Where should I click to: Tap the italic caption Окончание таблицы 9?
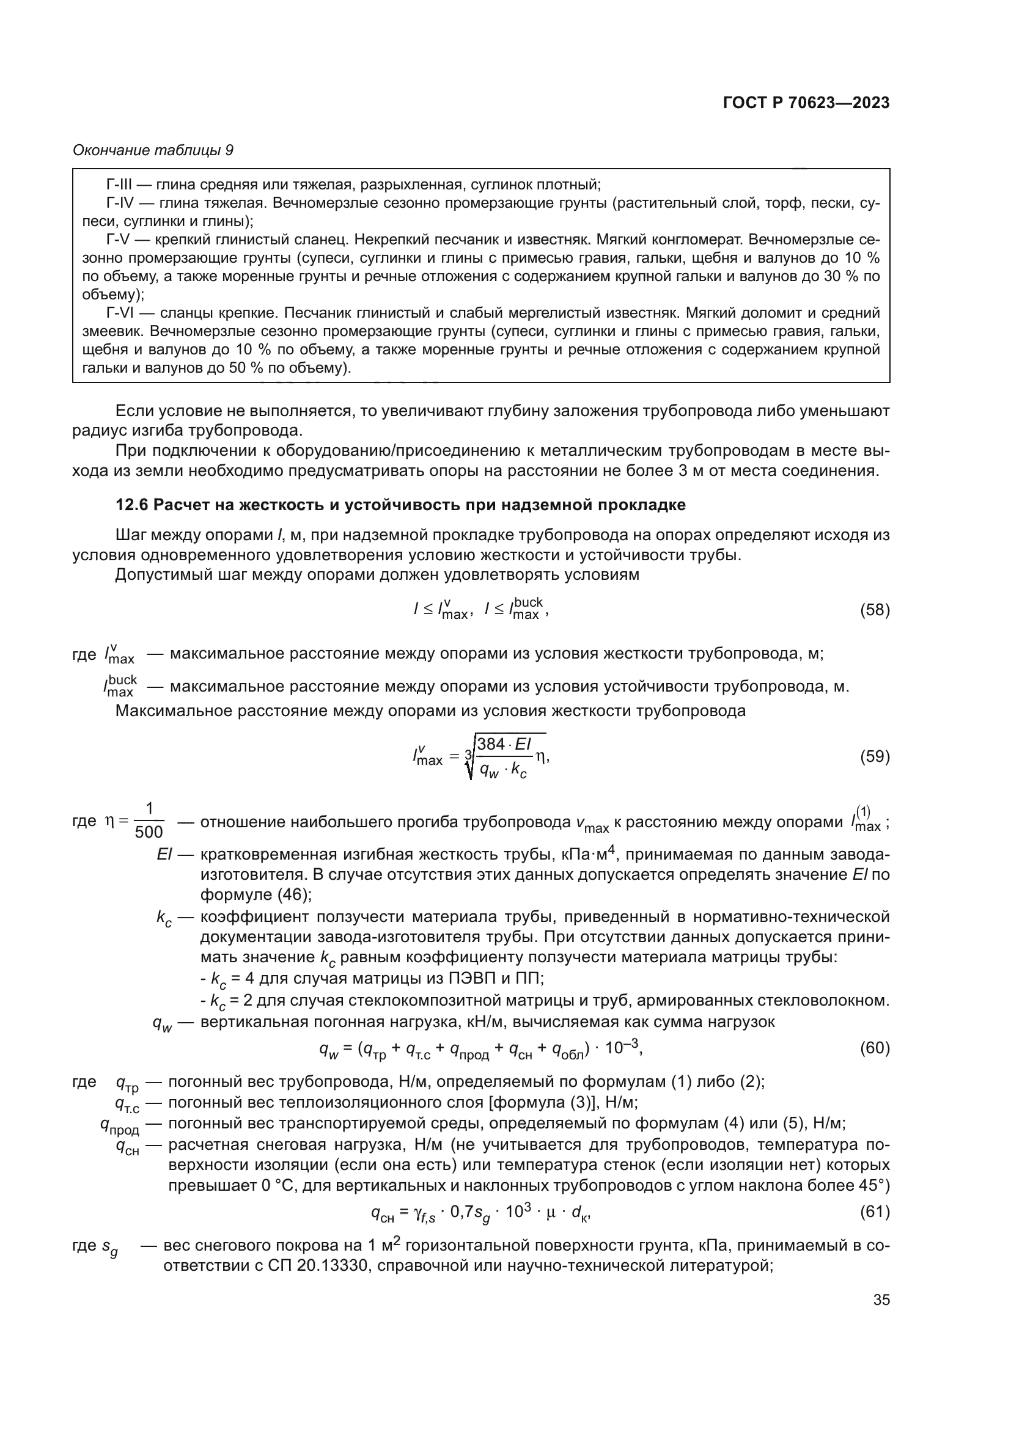(x=153, y=151)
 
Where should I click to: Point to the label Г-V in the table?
(x=116, y=239)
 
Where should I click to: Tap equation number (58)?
(x=874, y=610)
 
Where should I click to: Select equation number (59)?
(x=874, y=756)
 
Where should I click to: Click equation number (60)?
(x=874, y=1048)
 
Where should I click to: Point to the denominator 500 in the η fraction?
(x=149, y=833)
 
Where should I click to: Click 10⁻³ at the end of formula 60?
(x=622, y=1048)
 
